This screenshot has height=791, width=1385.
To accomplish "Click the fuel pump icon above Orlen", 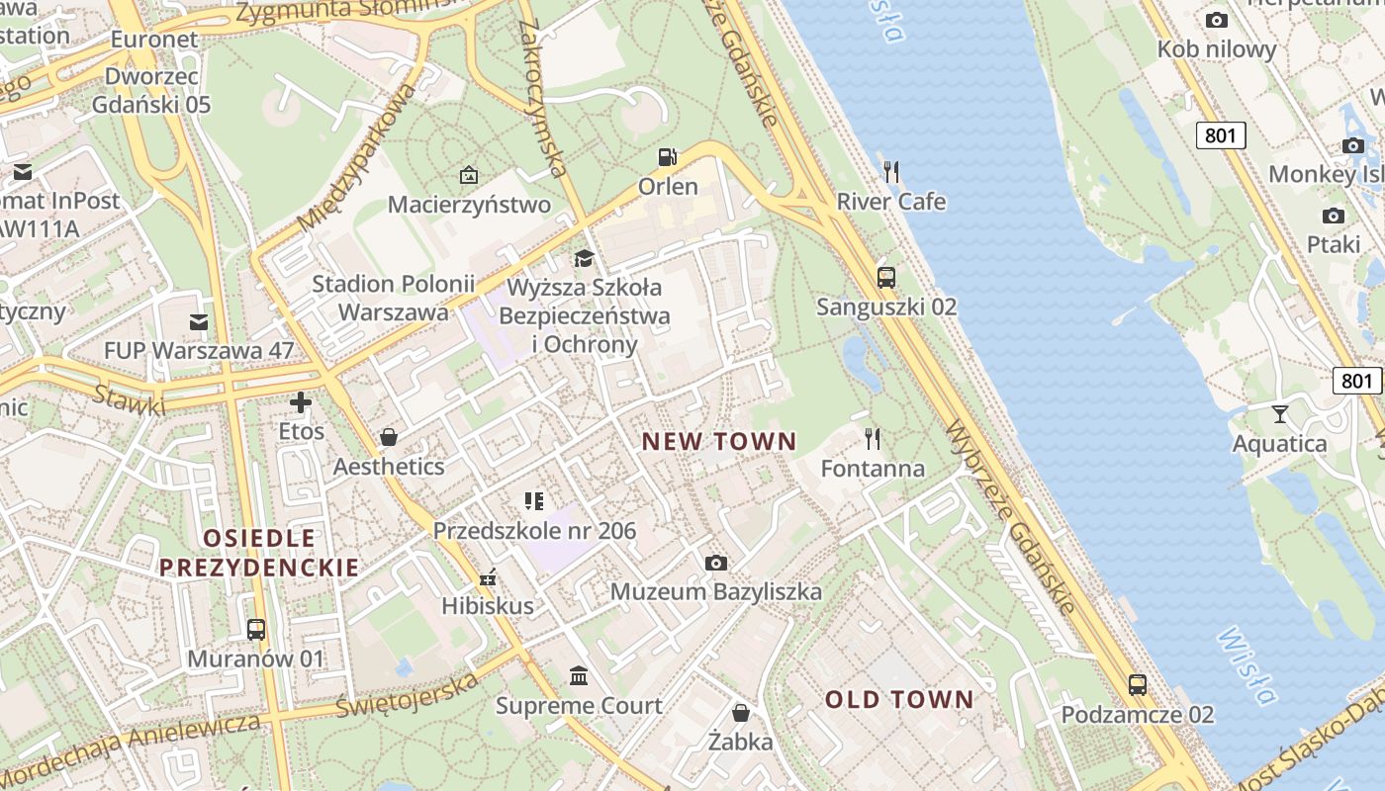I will (x=668, y=157).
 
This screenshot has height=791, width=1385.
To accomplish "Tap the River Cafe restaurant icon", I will (x=891, y=172).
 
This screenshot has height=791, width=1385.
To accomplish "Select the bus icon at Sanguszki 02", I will (x=886, y=278).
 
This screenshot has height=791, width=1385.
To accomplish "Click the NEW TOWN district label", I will (x=719, y=442).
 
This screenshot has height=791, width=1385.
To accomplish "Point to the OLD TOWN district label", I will (x=900, y=700).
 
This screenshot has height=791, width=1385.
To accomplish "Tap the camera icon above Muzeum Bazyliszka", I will (x=716, y=564).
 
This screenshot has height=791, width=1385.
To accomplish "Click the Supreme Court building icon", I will (x=579, y=676).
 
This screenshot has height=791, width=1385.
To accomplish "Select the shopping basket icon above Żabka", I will (x=740, y=713).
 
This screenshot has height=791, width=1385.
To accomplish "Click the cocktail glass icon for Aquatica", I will (x=1280, y=414).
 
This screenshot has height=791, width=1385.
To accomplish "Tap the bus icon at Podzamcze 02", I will (x=1138, y=684).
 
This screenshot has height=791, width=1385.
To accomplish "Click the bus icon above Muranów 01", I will (x=255, y=629).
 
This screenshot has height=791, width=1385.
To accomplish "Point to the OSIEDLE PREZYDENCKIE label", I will (x=259, y=553).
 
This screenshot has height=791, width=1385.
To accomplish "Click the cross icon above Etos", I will (x=301, y=402).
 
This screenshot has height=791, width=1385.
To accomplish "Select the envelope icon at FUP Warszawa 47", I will (x=199, y=321).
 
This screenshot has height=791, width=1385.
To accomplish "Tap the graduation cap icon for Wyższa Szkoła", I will (x=585, y=259).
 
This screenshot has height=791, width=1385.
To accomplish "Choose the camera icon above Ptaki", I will (x=1334, y=216).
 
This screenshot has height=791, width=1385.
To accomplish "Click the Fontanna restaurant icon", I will (x=872, y=438).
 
